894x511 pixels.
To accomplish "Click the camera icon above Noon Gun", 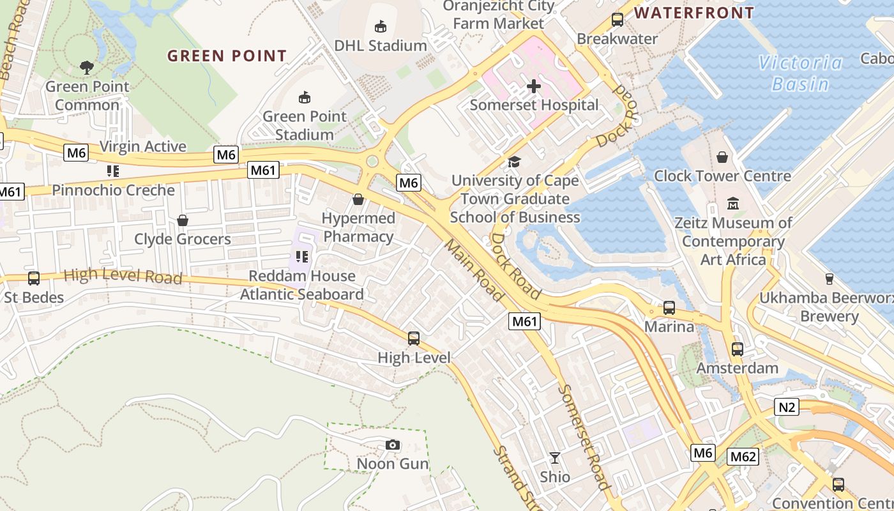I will [x=392, y=445].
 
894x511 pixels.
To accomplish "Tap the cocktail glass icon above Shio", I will [x=555, y=458].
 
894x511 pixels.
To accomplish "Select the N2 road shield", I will [x=788, y=407].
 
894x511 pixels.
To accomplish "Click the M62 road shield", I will [x=743, y=457].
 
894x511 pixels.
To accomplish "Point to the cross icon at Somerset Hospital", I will [x=534, y=86].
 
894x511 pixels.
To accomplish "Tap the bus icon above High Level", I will [x=414, y=339].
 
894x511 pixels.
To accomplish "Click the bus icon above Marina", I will [x=669, y=308].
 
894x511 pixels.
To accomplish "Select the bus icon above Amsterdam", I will [x=738, y=349].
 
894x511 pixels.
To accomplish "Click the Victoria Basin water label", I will [x=800, y=73].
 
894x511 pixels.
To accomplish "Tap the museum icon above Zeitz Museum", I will [x=733, y=204].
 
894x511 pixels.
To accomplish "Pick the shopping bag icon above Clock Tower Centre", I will [x=722, y=156].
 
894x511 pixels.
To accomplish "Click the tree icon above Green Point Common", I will [x=87, y=66].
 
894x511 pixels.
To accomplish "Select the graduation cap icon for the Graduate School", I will [x=514, y=162].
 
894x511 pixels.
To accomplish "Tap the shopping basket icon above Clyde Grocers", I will [x=183, y=220].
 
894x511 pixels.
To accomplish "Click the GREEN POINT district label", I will [x=227, y=56].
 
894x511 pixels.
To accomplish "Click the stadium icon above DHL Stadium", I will [x=381, y=26].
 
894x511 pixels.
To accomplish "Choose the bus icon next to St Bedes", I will [x=34, y=278].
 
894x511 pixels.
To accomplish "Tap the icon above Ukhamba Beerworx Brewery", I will [x=829, y=278].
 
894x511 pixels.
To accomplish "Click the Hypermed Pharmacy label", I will [x=358, y=227].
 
